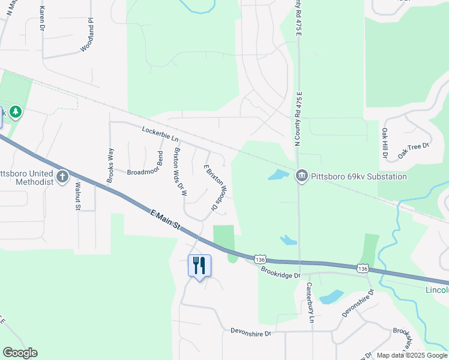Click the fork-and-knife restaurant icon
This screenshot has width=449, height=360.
click(199, 265)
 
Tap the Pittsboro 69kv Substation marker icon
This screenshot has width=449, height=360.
click(301, 176)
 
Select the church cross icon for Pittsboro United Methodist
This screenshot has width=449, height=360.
click(63, 176)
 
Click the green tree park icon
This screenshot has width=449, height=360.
click(15, 112)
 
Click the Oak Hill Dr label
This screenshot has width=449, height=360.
click(384, 143)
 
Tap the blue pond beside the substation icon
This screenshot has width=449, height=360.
click(278, 175)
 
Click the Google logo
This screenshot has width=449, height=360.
click(20, 353)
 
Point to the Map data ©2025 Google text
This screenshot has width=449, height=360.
click(412, 355)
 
